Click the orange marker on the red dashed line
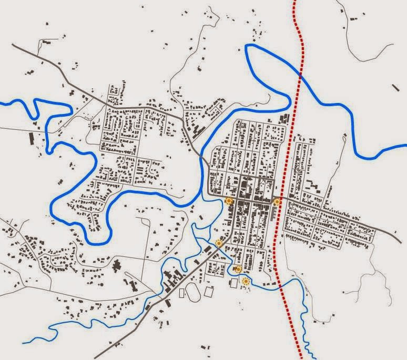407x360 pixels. click(x=277, y=201)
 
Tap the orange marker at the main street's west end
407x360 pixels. click(x=228, y=201)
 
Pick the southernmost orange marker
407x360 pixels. click(x=245, y=282)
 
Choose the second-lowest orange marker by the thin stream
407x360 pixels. click(x=238, y=269)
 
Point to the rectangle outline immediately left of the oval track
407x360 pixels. click(x=182, y=293)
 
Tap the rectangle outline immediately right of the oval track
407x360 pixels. click(x=209, y=291)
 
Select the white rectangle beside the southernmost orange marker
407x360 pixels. click(x=233, y=283)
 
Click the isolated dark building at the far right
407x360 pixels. click(x=395, y=87)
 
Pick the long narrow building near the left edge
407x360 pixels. click(x=32, y=138)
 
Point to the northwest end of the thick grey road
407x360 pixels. click(x=13, y=46)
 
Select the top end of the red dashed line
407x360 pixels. click(x=294, y=2)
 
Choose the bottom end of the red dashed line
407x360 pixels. click(x=301, y=358)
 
